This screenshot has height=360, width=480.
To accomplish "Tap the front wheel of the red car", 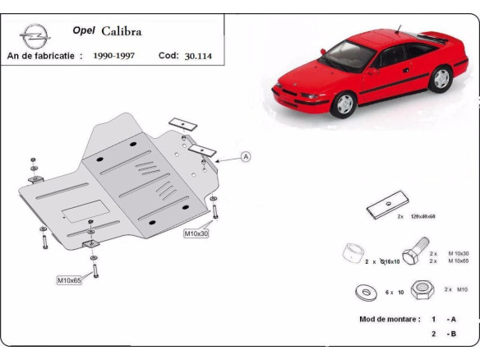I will click(x=345, y=103).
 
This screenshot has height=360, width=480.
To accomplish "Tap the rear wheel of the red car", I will click(x=441, y=78).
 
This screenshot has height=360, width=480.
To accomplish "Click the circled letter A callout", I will click(x=246, y=156).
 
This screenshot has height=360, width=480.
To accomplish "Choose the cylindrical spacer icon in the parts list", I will click(x=353, y=251).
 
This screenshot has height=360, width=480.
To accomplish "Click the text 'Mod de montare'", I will click(x=389, y=318).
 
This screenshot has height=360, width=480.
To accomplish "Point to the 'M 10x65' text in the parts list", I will click(x=460, y=261).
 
